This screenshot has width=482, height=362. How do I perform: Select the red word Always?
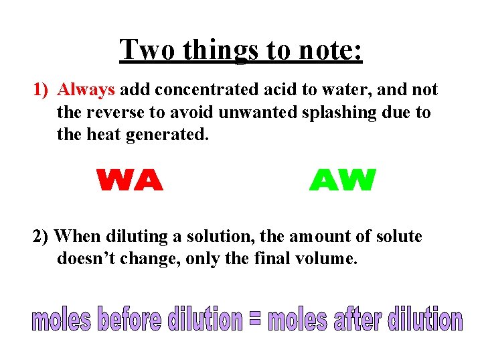coord(87,90)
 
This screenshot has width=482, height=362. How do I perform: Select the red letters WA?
coord(130,180)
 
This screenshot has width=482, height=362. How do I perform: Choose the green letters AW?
coord(343,180)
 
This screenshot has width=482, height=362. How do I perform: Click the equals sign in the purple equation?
coord(254,319)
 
